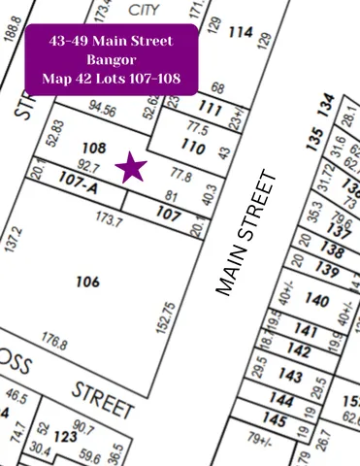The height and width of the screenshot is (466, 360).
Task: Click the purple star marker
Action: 132,168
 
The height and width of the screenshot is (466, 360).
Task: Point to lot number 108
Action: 93,149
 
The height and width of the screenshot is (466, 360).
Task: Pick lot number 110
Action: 194,149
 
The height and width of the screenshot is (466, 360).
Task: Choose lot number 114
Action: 239,32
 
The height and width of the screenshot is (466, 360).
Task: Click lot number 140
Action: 316,301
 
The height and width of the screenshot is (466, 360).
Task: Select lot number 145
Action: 275,421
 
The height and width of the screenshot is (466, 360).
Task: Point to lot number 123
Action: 65,438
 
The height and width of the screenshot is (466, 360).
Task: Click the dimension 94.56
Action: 103,110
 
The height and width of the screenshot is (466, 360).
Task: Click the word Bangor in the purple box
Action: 109,60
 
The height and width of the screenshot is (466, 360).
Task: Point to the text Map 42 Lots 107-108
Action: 109,78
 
